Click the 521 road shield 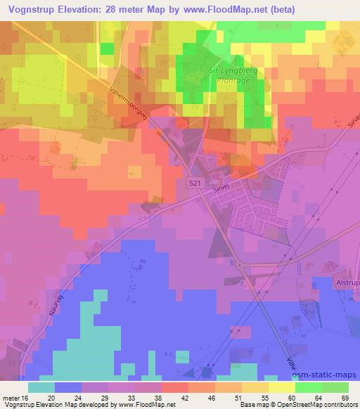point(199,183)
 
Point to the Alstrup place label point(345,284)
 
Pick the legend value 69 point(345,398)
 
